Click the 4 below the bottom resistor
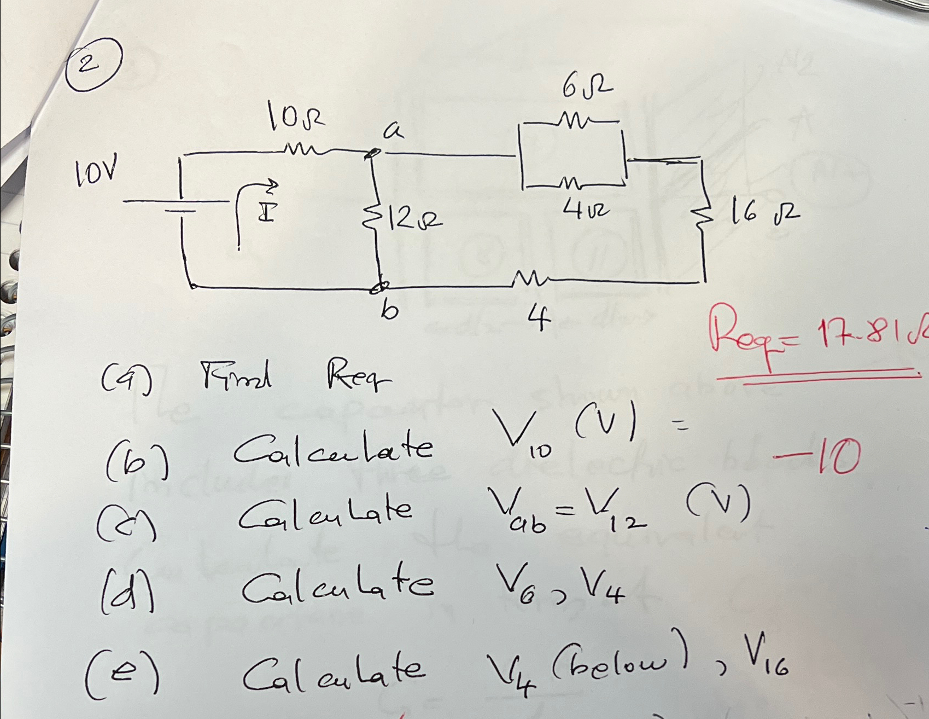tap(539, 319)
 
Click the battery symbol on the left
tap(180, 202)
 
